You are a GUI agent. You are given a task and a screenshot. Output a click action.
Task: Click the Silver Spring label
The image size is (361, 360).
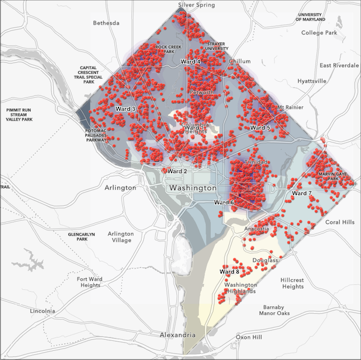[196, 5]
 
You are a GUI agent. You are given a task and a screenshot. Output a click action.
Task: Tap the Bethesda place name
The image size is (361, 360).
[106, 23]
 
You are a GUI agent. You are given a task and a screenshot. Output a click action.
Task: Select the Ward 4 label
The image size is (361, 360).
[191, 62]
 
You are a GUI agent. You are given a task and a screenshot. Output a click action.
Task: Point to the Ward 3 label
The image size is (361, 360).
[125, 109]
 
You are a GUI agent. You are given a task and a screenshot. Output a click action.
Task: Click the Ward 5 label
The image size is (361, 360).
[260, 128]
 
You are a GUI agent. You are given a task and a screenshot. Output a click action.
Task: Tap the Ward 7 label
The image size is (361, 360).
[302, 193]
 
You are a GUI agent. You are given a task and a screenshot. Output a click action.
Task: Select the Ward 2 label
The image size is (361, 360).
[177, 171]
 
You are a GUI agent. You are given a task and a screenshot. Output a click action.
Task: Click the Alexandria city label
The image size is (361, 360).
[177, 335]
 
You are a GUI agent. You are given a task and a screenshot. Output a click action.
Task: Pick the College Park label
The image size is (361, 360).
[319, 32]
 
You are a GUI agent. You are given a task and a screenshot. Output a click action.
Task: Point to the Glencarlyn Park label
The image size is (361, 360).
[83, 237]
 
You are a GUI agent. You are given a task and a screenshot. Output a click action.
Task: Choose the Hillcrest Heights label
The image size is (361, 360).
[293, 282]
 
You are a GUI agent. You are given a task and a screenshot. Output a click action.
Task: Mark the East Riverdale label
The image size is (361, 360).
[339, 65]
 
